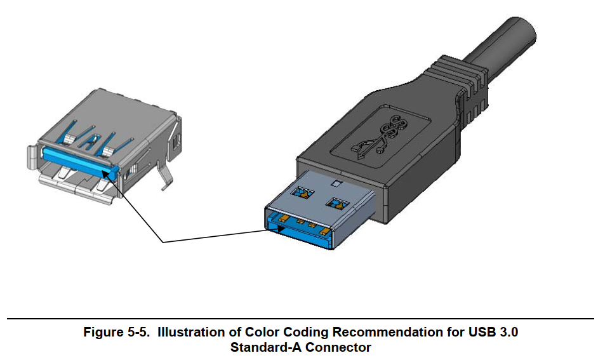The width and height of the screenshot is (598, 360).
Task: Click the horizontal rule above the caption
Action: [299, 317]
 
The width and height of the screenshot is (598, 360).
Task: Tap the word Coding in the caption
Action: [293, 332]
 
